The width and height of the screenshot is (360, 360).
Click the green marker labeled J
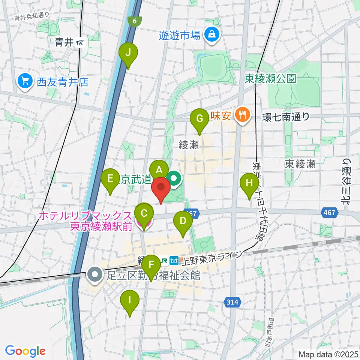coord(128,53)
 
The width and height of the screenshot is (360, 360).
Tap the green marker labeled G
coord(199,118)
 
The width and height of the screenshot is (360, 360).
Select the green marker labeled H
coord(249,183)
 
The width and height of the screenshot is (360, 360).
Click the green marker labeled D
coord(183,221)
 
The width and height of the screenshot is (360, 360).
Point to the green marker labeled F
coord(151,265)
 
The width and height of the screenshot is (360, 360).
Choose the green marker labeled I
coord(130,300)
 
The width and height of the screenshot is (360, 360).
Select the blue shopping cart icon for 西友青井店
coord(25,81)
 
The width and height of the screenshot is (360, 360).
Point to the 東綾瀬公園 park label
coord(270,78)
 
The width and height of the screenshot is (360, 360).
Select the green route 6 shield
coord(135,21)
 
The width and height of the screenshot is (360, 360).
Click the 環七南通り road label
coord(285,117)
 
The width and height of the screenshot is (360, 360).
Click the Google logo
coord(25,351)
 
